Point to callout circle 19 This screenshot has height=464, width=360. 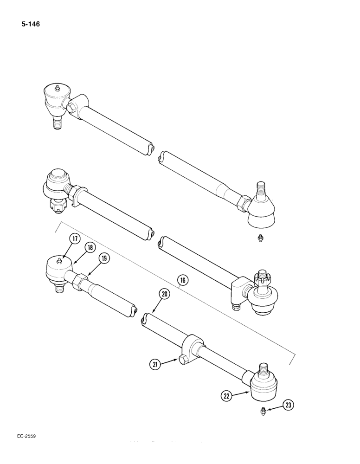click(103, 259)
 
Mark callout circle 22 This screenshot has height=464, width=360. click(226, 395)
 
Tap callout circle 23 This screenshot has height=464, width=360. click(288, 405)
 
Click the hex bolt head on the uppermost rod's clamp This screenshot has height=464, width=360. click(72, 108)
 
